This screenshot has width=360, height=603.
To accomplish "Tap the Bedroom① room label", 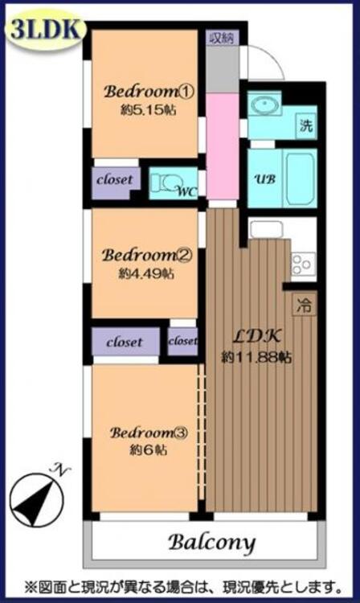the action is click(x=149, y=92).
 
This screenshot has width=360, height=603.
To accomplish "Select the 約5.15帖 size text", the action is click(x=149, y=110).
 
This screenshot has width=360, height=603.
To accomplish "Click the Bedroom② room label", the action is click(x=146, y=256).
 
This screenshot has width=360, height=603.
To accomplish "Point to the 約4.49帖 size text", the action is click(x=146, y=274).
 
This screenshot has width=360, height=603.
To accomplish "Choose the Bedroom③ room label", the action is click(x=149, y=433).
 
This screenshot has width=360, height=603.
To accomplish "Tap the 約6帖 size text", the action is click(x=149, y=450).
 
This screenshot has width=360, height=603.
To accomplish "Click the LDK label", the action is click(x=256, y=337).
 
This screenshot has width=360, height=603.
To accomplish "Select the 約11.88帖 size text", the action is click(x=256, y=358).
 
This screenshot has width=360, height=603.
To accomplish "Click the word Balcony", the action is click(x=211, y=543).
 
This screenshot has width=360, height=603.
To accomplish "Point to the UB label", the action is click(x=265, y=178).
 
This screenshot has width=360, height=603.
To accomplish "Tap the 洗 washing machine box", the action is click(x=306, y=125).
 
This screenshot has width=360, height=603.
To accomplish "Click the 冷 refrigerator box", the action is click(x=305, y=305).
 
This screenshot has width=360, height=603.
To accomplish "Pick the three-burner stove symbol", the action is click(x=304, y=264).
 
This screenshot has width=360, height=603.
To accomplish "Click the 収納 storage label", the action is click(x=223, y=38).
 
